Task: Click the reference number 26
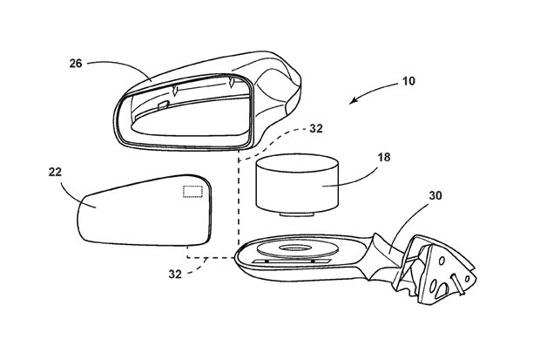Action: [76, 64]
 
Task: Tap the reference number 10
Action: [408, 81]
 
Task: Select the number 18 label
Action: [384, 157]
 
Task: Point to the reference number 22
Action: [55, 172]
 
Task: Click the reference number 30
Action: [435, 195]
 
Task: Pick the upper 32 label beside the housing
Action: [316, 129]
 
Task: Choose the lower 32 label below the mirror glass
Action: [175, 274]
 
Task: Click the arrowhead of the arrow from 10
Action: [353, 101]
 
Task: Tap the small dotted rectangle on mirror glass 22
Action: [192, 192]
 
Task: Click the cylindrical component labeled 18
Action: [296, 183]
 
